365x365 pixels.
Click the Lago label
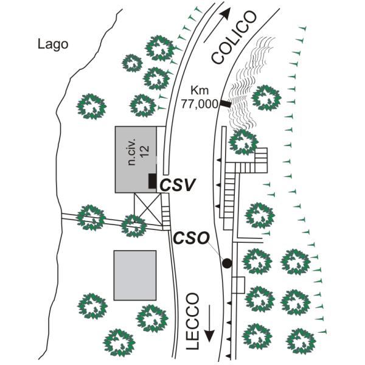coord(53,44)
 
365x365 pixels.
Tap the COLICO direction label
coord(234,37)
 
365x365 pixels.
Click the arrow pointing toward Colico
coord(217,25)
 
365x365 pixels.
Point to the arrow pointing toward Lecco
coord(209,324)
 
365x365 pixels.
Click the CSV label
coord(178,185)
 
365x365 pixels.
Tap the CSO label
coord(191,238)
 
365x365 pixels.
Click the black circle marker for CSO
coord(227,263)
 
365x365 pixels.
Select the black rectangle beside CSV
coord(152,181)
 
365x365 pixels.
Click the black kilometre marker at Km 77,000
coord(226,104)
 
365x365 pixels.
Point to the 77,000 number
coord(200,104)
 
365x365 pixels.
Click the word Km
coord(200,90)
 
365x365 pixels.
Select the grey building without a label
coord(135,276)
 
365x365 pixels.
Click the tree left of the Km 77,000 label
coord(143,105)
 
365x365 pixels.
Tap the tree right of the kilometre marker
coord(266,98)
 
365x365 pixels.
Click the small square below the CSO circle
coord(238,285)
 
